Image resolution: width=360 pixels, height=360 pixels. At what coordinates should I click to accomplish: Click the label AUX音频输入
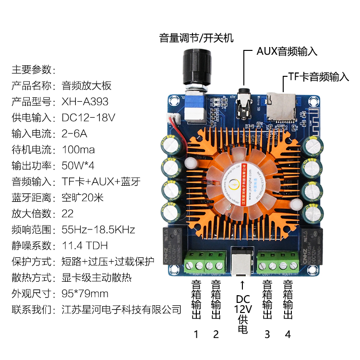287,51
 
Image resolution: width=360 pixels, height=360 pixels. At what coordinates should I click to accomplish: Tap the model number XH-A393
85,102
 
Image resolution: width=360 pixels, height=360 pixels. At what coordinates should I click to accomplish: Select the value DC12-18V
88,118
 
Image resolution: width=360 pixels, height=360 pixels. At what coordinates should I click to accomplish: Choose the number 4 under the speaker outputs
288,334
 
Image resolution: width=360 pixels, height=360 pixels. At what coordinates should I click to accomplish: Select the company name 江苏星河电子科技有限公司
122,310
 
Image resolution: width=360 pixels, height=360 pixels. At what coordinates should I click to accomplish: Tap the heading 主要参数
34,70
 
